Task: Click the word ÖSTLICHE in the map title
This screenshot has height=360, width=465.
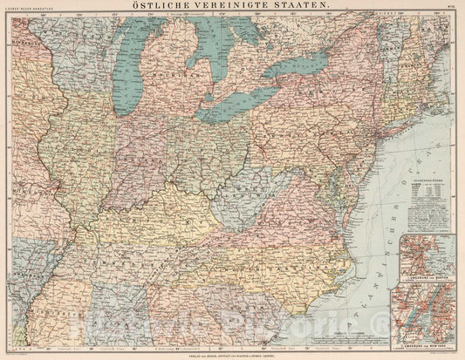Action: [x=170, y=7]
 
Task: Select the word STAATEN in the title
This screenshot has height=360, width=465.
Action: [x=302, y=7]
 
